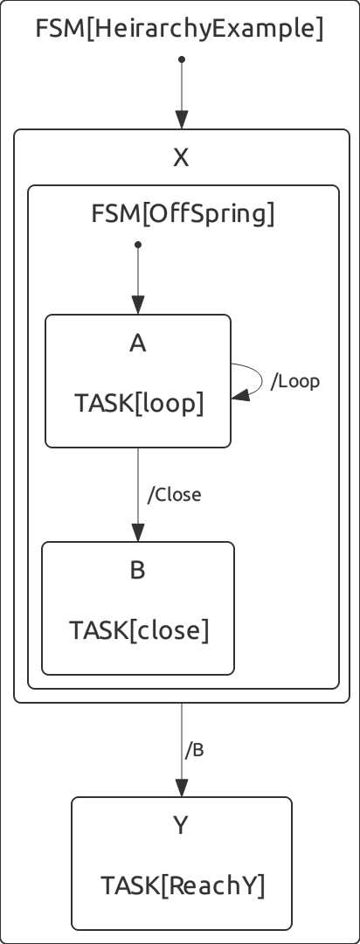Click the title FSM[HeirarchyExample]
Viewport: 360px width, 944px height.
coord(179,28)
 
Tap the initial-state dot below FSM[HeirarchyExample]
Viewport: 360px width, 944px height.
coord(182,59)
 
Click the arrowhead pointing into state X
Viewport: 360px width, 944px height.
coord(182,119)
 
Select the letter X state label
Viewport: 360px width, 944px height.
coord(181,157)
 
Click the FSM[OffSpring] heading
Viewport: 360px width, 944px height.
coord(183,213)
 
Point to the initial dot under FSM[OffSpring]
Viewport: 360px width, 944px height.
coord(138,245)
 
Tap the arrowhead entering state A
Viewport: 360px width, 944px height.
coord(138,305)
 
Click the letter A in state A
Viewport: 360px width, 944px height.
coord(138,344)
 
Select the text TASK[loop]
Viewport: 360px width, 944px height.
coord(139,403)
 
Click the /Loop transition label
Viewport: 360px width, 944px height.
coord(295,381)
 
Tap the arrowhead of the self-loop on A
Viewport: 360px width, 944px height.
coord(239,396)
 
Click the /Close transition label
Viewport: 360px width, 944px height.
coord(175,494)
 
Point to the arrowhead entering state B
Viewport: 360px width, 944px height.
coord(138,532)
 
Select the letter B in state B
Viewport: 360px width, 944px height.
coord(138,570)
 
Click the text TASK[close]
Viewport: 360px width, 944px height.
coord(139,630)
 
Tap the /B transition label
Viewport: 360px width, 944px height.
coord(195,750)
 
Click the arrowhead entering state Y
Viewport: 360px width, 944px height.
coord(182,788)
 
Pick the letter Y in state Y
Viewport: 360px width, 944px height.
coord(181,825)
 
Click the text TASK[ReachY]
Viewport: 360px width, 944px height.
coord(183,885)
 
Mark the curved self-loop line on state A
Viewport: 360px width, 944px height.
coord(262,379)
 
